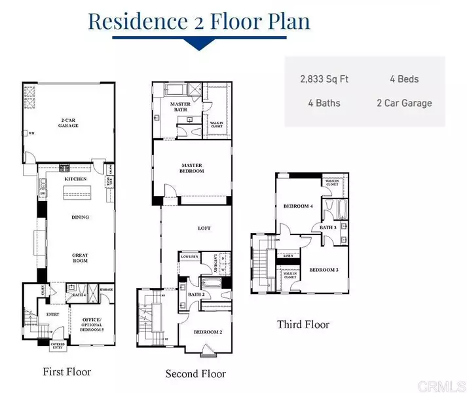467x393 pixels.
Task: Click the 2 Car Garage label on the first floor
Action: (x=67, y=122)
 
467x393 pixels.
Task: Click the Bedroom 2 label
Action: (x=208, y=332)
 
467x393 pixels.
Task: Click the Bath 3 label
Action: (x=328, y=227)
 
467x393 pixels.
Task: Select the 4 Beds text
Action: (x=404, y=79)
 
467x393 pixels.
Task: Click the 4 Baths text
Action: (x=324, y=103)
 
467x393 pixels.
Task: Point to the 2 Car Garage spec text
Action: (x=404, y=103)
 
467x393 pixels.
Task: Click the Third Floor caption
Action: (x=303, y=324)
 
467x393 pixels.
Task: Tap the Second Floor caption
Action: (x=195, y=374)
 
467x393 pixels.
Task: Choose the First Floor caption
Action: (x=67, y=372)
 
